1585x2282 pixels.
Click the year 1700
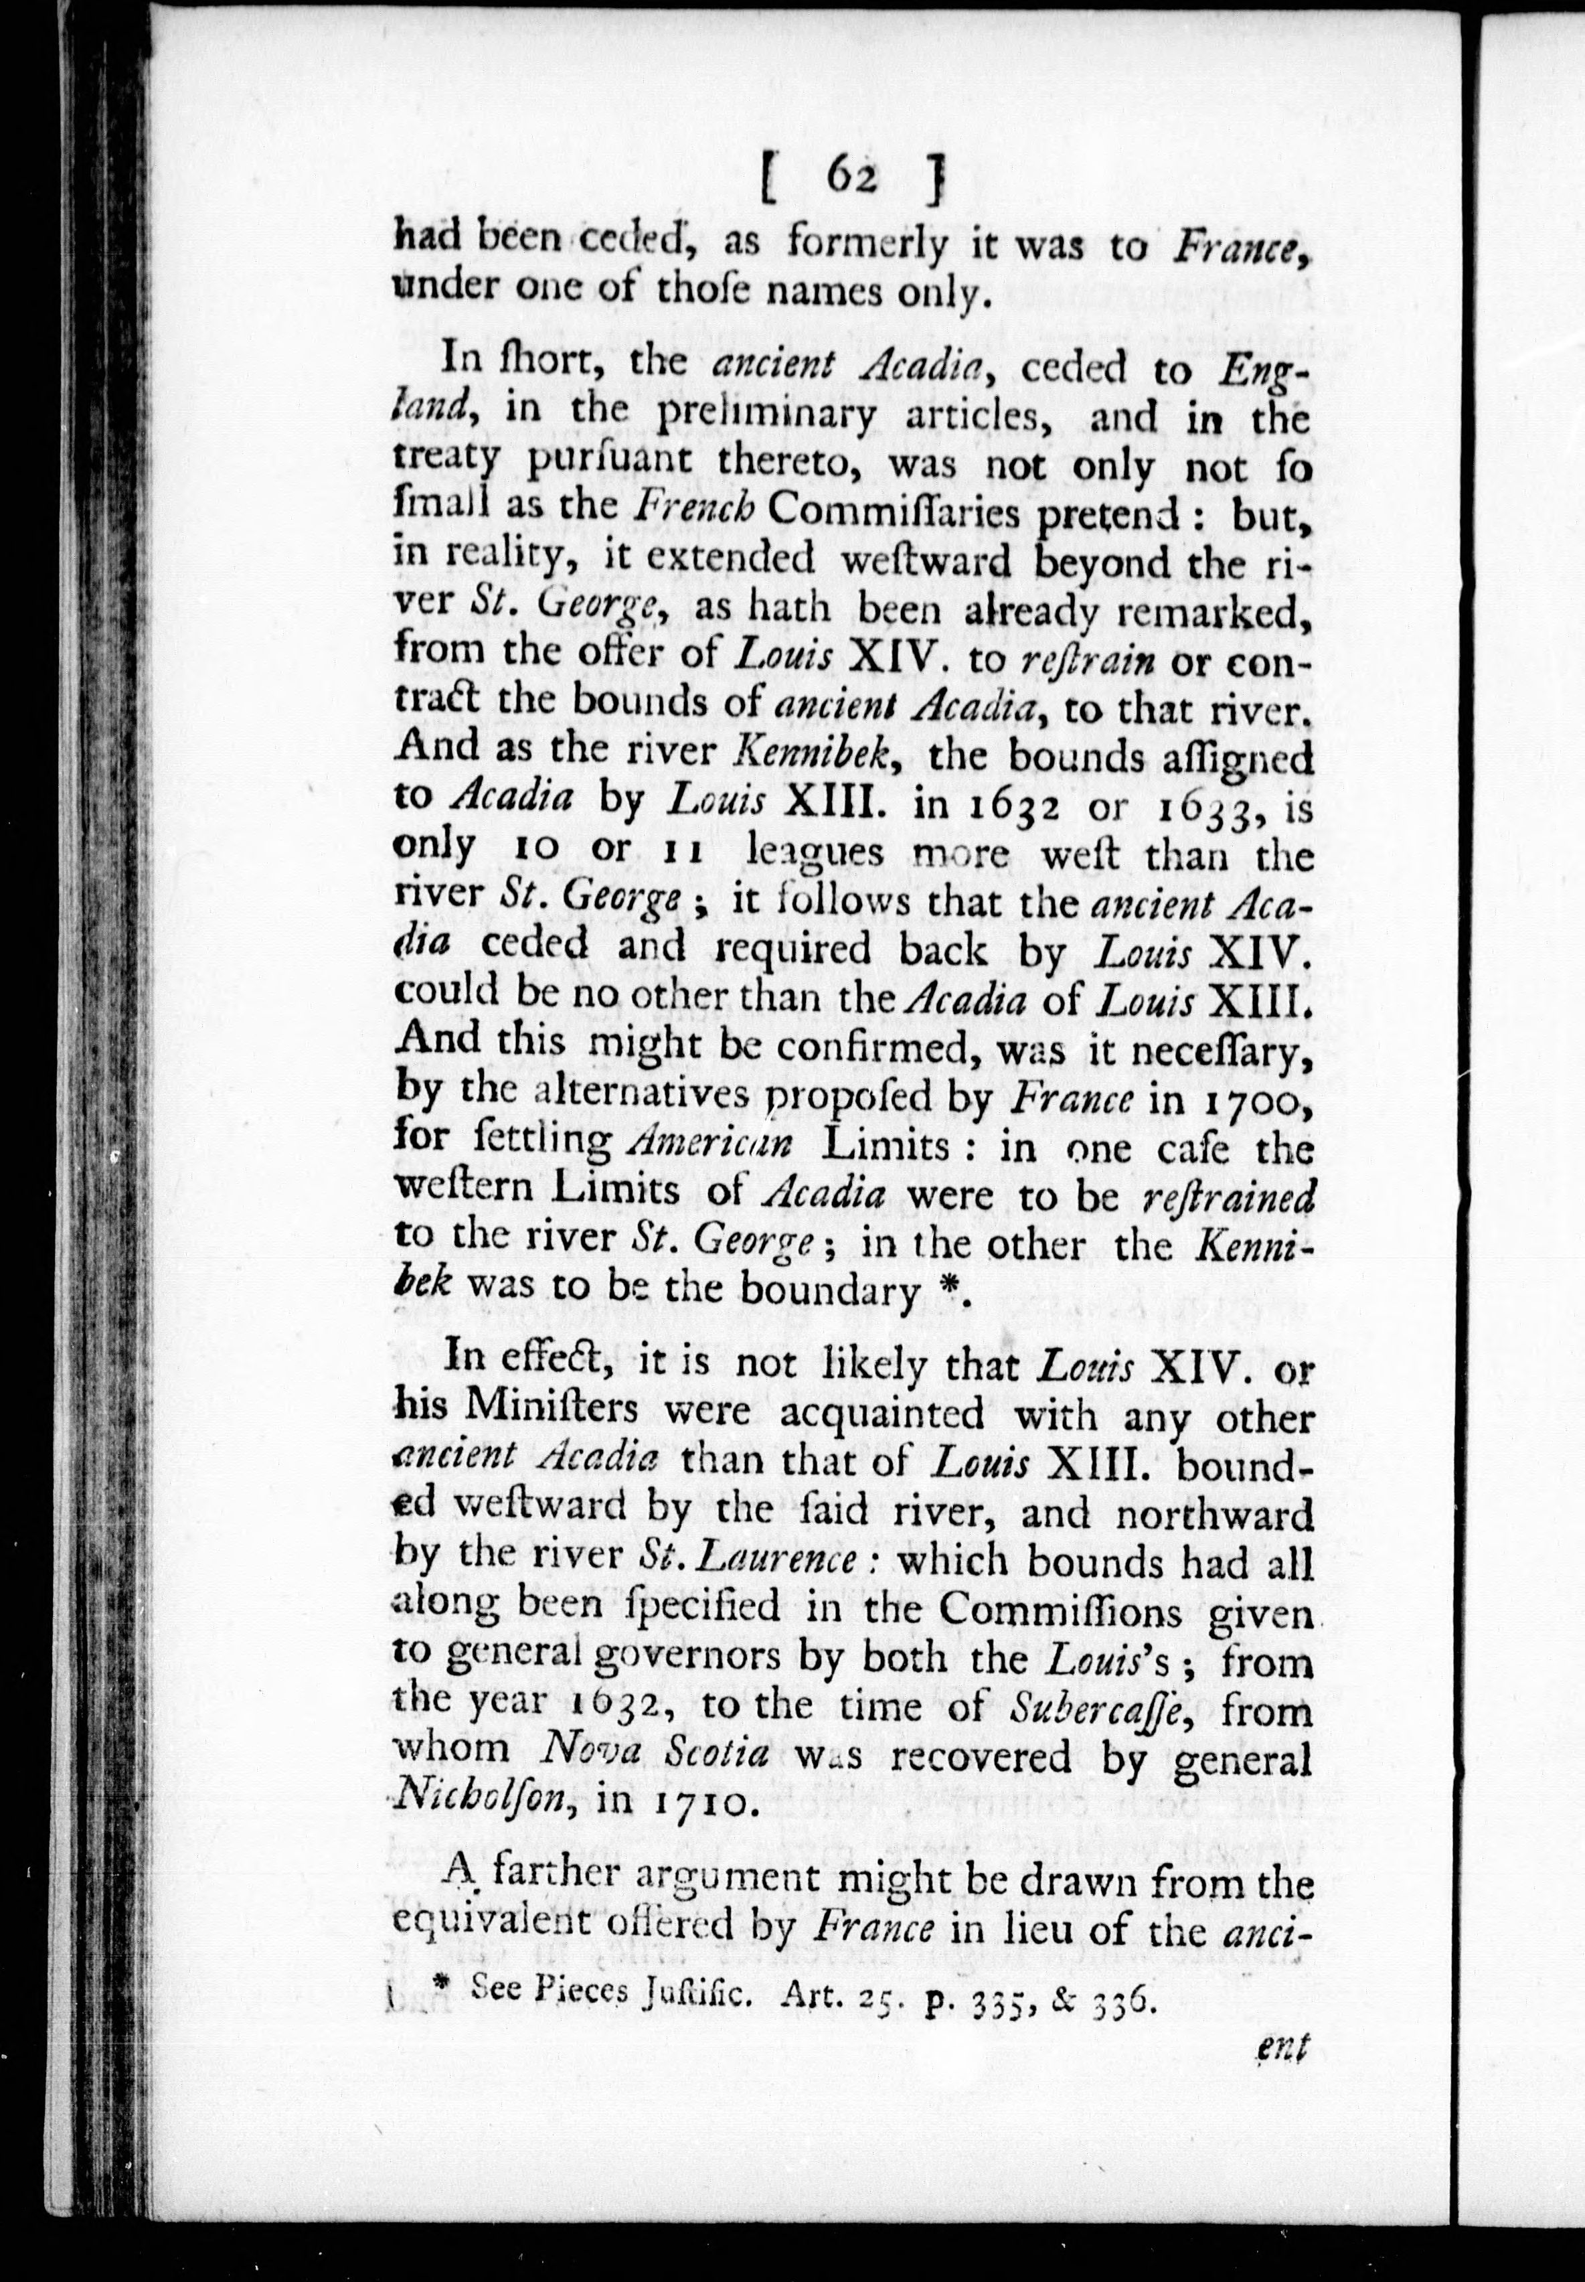coord(1253,1099)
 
